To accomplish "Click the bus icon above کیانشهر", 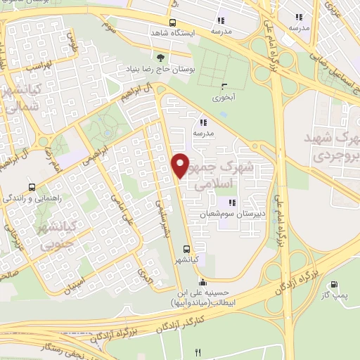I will (x=186, y=248).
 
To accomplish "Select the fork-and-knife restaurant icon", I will (x=199, y=352).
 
